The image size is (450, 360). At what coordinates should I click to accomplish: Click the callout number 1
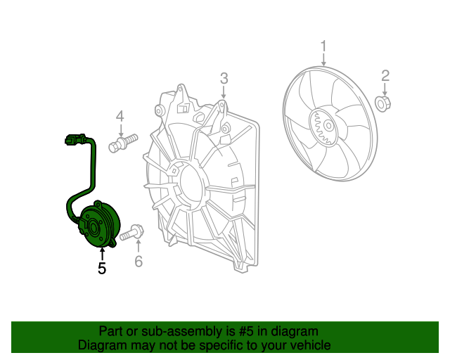[323, 47]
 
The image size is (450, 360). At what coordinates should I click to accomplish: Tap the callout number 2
[385, 75]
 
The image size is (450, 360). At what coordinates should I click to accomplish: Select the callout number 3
[224, 78]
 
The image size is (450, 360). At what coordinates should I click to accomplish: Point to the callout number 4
[120, 116]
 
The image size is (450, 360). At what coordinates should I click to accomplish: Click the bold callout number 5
[102, 268]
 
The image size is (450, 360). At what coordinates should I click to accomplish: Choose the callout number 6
[138, 262]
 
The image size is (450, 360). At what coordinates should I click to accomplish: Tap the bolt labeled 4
[122, 144]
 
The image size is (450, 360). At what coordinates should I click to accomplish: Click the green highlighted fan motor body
[96, 225]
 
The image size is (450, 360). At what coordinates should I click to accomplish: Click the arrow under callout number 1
[323, 60]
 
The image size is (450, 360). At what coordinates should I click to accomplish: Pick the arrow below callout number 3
[224, 93]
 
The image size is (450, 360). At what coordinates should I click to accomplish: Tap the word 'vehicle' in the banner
[309, 345]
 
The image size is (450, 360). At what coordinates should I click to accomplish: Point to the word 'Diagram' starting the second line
[101, 345]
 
